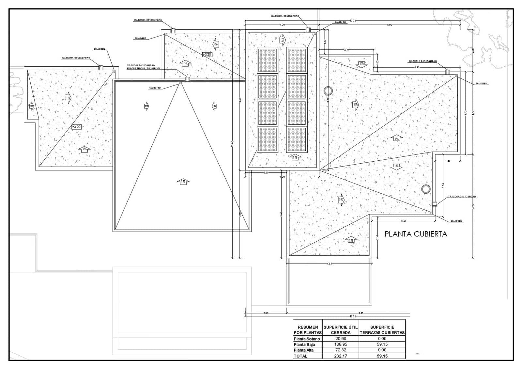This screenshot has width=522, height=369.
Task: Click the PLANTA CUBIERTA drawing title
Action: point(416,234)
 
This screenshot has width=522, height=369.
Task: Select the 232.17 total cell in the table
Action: point(340,356)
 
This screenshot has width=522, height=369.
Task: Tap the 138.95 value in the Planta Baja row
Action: point(340,344)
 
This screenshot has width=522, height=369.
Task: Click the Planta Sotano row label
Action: point(307,339)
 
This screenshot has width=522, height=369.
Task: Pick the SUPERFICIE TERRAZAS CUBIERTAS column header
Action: point(382,329)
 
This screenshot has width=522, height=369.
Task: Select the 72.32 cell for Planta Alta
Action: point(340,350)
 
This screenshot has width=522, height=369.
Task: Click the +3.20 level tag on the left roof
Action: point(76,126)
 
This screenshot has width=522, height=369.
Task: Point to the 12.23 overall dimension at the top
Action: point(353,21)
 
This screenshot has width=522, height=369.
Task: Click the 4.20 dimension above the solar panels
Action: point(283,25)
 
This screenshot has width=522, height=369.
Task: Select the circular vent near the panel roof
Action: point(328,91)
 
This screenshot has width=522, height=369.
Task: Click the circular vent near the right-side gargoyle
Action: point(425,189)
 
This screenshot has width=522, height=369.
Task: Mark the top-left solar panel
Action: point(268,60)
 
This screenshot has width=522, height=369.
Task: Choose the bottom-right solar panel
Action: point(297,140)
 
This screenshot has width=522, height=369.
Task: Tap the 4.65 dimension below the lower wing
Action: point(329,264)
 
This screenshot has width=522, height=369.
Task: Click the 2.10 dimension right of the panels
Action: point(346,50)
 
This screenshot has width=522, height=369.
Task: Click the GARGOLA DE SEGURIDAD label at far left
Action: point(76,58)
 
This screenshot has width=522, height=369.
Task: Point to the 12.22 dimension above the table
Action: point(352,316)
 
